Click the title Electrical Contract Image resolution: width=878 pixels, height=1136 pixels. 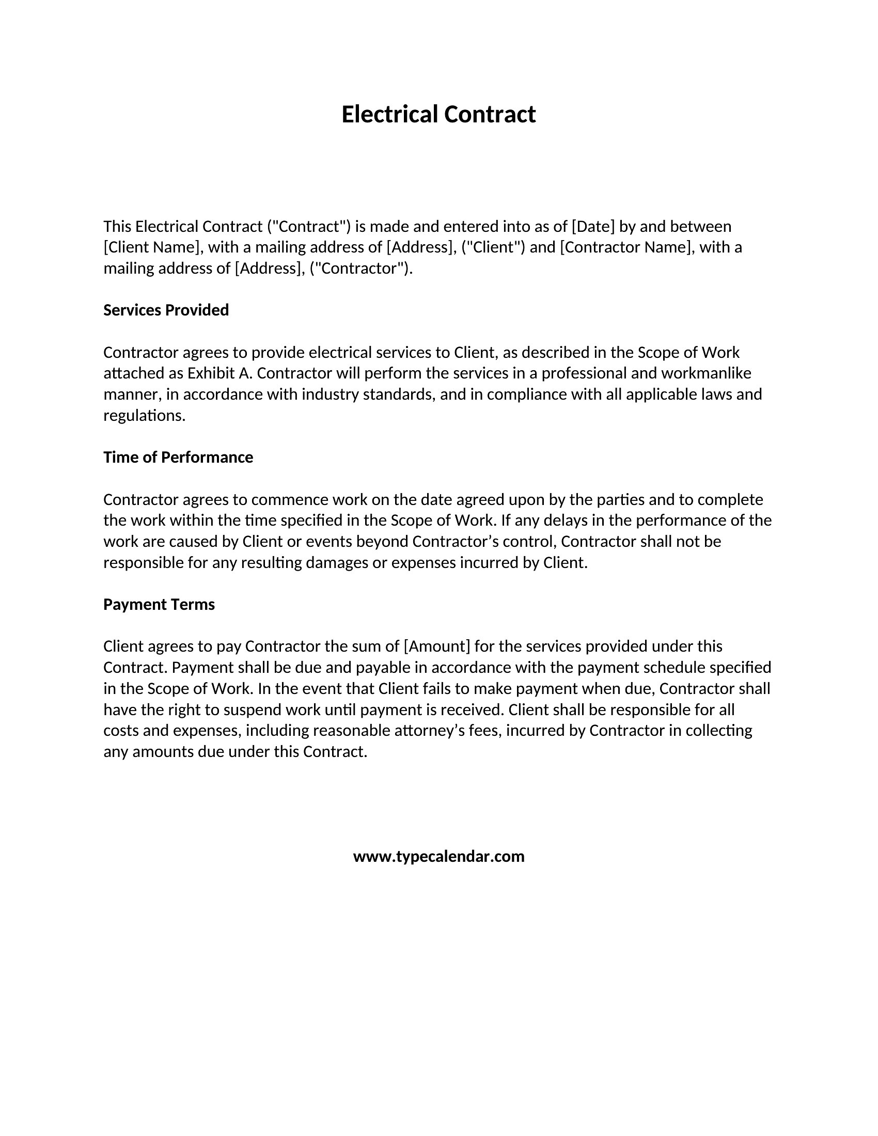(x=438, y=115)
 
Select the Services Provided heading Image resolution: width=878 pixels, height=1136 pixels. (x=166, y=310)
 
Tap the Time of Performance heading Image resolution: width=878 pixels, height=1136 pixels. (x=178, y=457)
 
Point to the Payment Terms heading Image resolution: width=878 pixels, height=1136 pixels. (x=159, y=605)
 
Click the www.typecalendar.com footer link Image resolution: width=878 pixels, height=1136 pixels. (x=438, y=856)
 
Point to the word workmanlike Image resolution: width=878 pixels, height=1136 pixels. (x=706, y=373)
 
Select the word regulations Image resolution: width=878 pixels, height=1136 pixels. (x=144, y=416)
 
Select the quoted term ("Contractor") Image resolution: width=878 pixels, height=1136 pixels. (x=360, y=269)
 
